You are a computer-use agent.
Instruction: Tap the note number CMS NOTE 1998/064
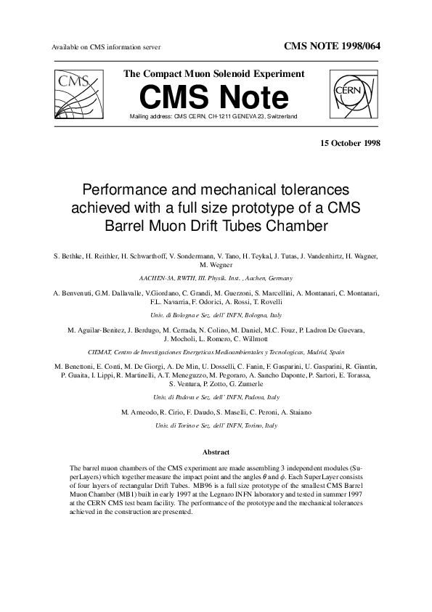click(331, 46)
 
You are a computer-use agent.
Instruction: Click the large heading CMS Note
click(213, 98)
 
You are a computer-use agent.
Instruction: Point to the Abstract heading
click(216, 452)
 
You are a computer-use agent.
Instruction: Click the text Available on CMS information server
click(106, 47)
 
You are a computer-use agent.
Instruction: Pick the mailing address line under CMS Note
click(213, 116)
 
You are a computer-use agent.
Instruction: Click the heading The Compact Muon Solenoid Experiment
click(214, 74)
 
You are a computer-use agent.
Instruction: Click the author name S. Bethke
click(70, 257)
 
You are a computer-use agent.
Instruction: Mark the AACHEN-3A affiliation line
click(215, 278)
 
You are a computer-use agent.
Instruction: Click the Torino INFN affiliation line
click(215, 425)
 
